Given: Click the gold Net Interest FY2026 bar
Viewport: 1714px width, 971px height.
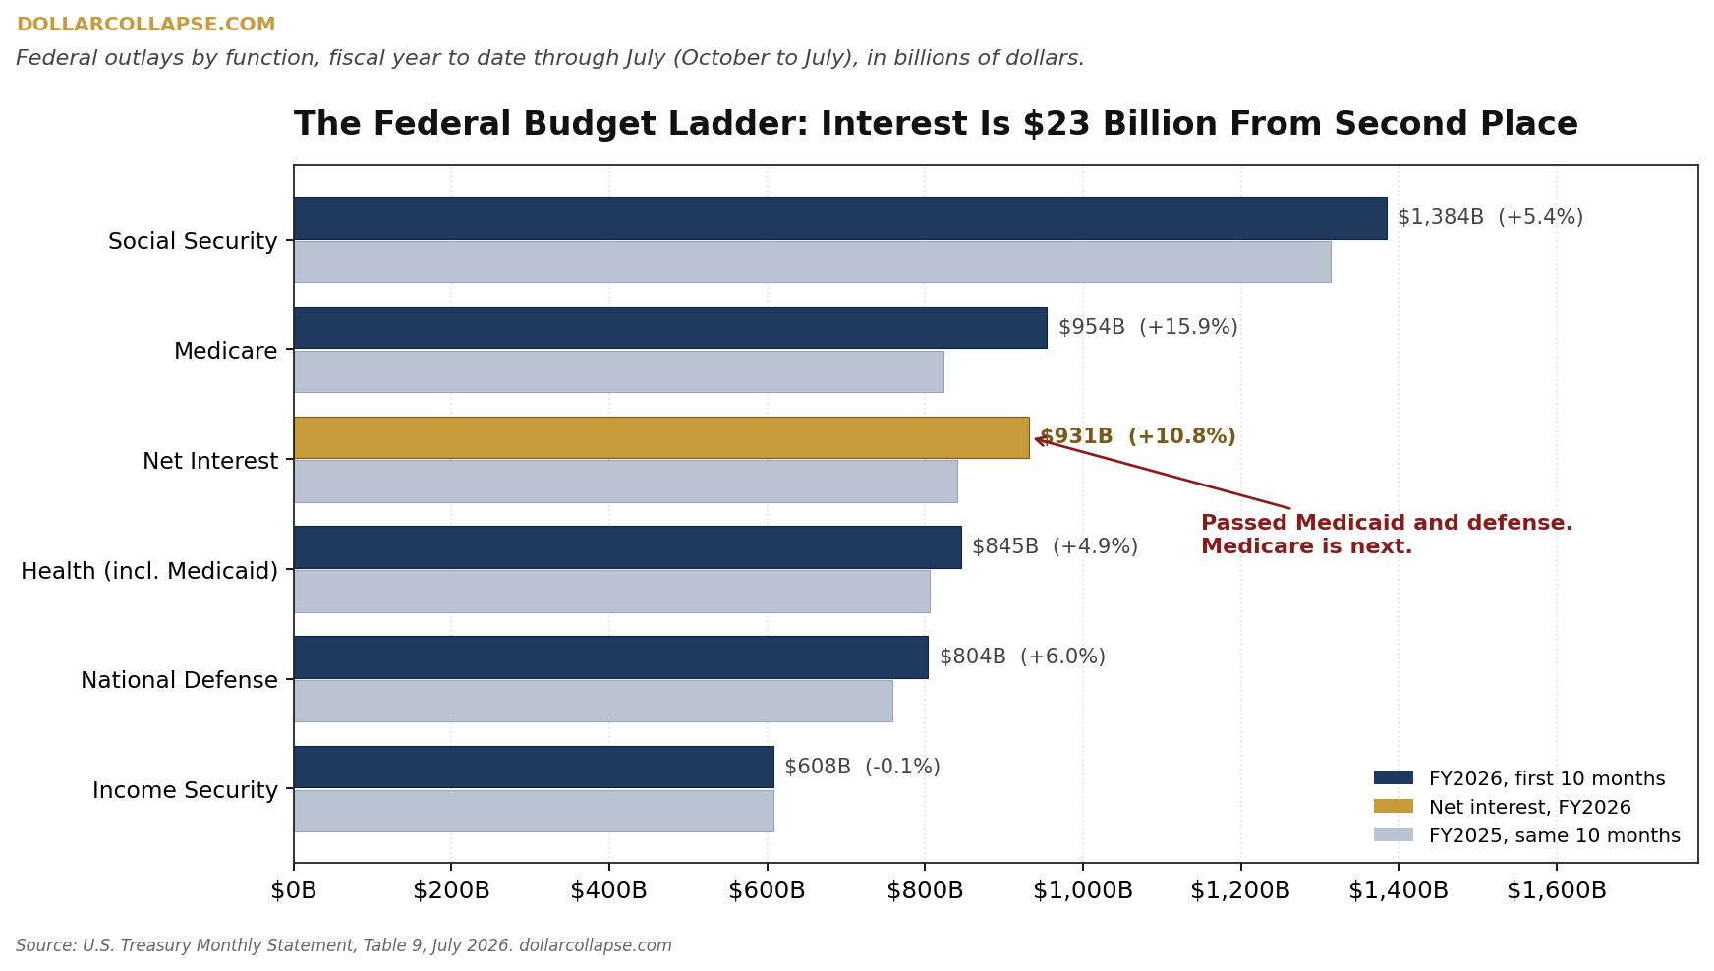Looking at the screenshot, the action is pyautogui.click(x=661, y=437).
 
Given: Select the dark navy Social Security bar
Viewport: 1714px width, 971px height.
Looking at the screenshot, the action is pyautogui.click(x=840, y=218).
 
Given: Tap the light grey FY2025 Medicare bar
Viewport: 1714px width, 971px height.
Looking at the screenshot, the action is pyautogui.click(x=618, y=371).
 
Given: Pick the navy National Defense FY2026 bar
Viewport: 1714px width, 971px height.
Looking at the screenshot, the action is pyautogui.click(x=610, y=657).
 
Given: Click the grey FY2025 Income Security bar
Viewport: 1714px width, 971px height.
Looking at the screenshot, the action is pyautogui.click(x=534, y=811).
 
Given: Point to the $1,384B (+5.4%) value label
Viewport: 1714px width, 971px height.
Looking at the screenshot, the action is pyautogui.click(x=1490, y=217).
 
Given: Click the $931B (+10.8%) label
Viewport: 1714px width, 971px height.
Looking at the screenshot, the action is pyautogui.click(x=1137, y=436).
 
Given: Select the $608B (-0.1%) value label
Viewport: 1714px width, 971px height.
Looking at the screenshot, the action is pyautogui.click(x=862, y=767).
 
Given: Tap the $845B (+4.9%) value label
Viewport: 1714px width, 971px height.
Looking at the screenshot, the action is pyautogui.click(x=1055, y=546).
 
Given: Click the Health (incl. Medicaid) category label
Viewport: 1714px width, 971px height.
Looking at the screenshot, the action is pyautogui.click(x=149, y=571).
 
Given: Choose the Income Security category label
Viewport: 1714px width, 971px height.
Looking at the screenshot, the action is pyautogui.click(x=185, y=790).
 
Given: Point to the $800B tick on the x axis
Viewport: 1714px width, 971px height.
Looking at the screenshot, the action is pyautogui.click(x=925, y=890).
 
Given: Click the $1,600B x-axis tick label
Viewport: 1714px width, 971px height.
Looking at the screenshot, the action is pyautogui.click(x=1557, y=890).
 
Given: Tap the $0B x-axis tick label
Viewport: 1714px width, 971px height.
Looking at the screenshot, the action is pyautogui.click(x=294, y=890).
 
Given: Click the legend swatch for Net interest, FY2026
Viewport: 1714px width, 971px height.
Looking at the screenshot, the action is pyautogui.click(x=1394, y=806).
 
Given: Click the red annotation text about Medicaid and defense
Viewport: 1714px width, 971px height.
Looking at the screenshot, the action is pyautogui.click(x=1387, y=535).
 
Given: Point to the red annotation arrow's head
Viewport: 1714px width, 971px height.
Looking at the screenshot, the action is pyautogui.click(x=1036, y=439).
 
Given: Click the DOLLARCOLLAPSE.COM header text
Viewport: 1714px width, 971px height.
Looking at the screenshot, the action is pyautogui.click(x=145, y=25).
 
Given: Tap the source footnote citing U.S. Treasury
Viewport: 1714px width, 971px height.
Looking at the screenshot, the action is pyautogui.click(x=344, y=945).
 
